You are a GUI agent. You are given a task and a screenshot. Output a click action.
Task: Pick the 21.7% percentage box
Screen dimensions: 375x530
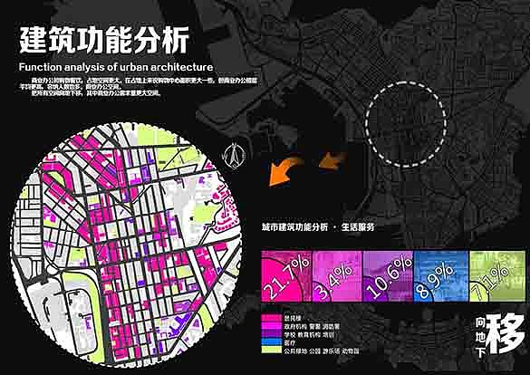point(284,270)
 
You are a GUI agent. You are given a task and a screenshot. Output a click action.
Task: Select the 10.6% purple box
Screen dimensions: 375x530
point(388,270)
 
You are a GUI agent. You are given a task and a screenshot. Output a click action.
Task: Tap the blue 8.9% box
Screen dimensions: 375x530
point(437,270)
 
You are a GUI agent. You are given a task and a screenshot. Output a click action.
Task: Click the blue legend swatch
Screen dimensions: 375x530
point(269,336)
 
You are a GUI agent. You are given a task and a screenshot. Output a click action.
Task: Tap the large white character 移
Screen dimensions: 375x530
point(503,337)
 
